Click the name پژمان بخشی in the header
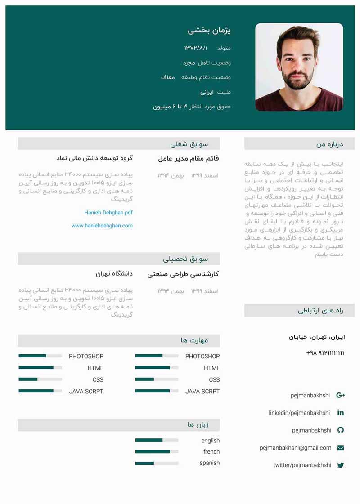pyautogui.click(x=209, y=31)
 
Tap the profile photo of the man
pyautogui.click(x=299, y=67)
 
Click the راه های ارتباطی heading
pyautogui.click(x=320, y=311)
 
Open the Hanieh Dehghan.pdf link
pyautogui.click(x=108, y=213)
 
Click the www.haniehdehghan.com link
pyautogui.click(x=102, y=226)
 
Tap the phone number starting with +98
pyautogui.click(x=325, y=353)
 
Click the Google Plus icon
pyautogui.click(x=341, y=395)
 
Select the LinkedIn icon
pyautogui.click(x=341, y=413)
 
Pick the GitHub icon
pyautogui.click(x=341, y=430)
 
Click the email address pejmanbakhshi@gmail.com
pyautogui.click(x=295, y=448)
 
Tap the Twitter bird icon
pyautogui.click(x=341, y=465)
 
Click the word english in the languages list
pyautogui.click(x=211, y=441)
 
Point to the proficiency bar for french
pyautogui.click(x=157, y=452)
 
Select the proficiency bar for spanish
pyautogui.click(x=157, y=463)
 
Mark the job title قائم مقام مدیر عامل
pyautogui.click(x=189, y=158)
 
